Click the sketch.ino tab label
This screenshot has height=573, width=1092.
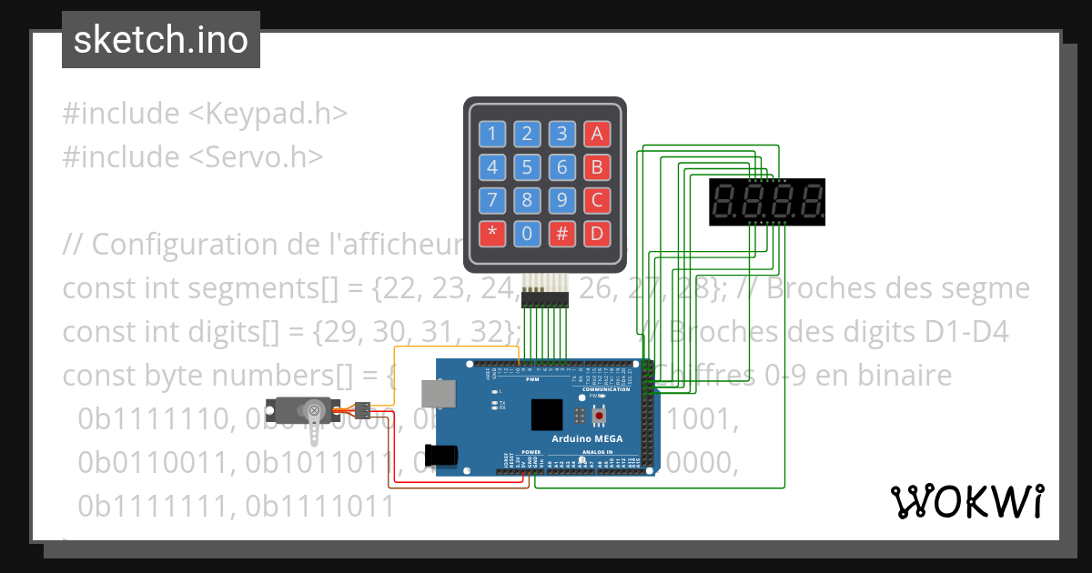pyautogui.click(x=160, y=40)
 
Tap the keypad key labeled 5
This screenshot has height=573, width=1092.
pyautogui.click(x=527, y=167)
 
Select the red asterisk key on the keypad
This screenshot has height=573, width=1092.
pyautogui.click(x=492, y=233)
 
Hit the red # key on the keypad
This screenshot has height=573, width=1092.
pyautogui.click(x=562, y=233)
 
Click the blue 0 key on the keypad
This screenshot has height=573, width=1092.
pyautogui.click(x=527, y=233)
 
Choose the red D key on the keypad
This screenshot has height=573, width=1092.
pyautogui.click(x=597, y=233)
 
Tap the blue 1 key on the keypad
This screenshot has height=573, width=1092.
pyautogui.click(x=492, y=135)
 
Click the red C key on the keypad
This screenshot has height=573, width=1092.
pyautogui.click(x=597, y=200)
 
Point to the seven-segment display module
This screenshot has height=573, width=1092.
pyautogui.click(x=766, y=202)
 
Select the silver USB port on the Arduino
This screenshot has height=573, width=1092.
pyautogui.click(x=440, y=392)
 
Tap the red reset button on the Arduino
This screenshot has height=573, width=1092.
pyautogui.click(x=599, y=417)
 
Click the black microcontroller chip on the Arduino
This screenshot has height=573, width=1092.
pyautogui.click(x=547, y=415)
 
